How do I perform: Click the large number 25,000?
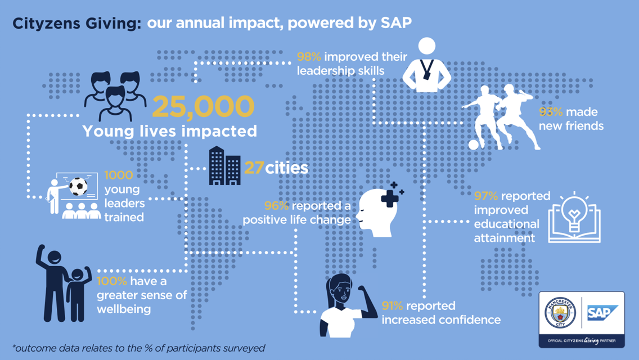(x=202, y=107)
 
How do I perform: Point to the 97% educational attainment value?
(x=486, y=196)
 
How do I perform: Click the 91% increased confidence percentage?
(x=393, y=306)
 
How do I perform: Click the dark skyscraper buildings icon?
(x=224, y=166)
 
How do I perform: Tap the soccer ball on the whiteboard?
(x=79, y=187)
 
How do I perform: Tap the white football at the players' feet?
(x=474, y=145)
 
